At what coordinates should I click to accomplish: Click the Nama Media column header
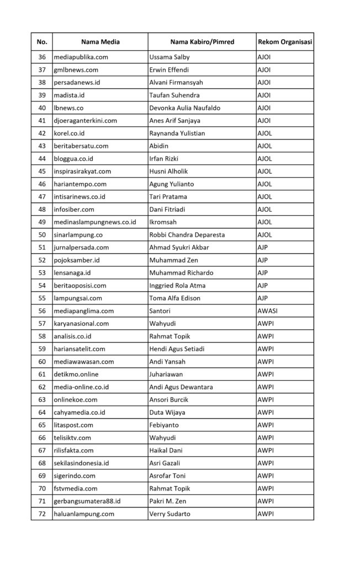point(100,42)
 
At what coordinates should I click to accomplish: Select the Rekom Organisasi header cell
point(284,42)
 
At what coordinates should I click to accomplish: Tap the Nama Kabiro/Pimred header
point(201,42)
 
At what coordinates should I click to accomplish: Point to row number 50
point(42,234)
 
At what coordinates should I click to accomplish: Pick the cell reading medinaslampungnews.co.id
point(94,222)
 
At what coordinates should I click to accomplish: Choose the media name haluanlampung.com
point(84,514)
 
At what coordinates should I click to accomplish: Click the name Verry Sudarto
point(171,514)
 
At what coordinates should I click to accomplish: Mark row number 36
point(42,57)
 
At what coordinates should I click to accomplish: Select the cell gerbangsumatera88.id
point(87,501)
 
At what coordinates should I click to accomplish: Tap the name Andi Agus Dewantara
point(181,387)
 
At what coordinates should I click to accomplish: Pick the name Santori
point(160,311)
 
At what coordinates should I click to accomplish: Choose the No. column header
point(42,42)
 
